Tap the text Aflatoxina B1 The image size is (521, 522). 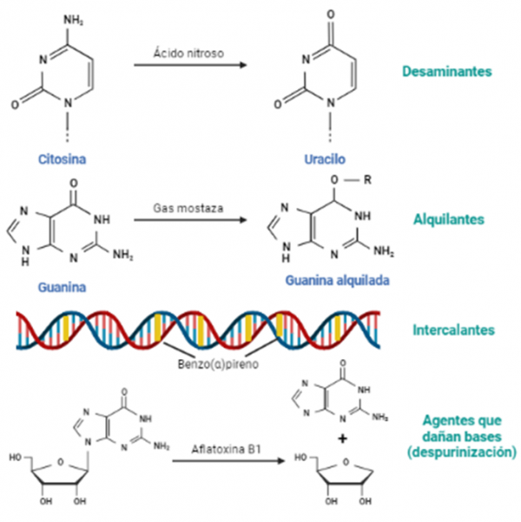[x=228, y=450]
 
